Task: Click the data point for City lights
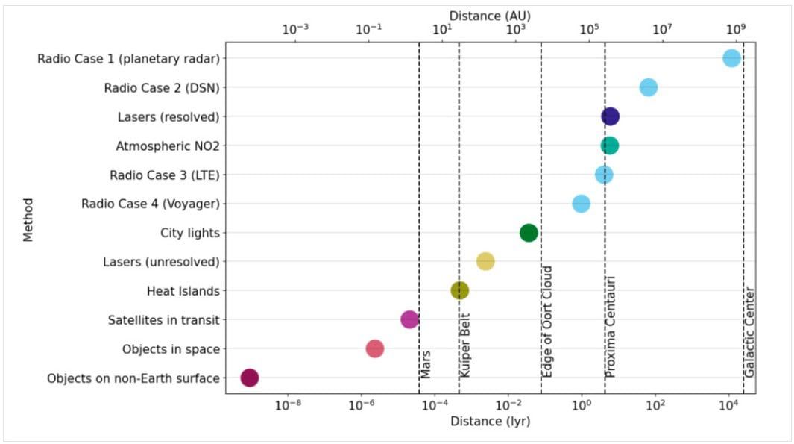coord(529,233)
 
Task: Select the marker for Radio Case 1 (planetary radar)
coord(731,58)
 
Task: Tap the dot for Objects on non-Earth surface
coord(250,378)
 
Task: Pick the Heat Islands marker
coord(460,290)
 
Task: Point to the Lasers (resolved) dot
coord(611,116)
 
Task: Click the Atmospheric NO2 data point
coord(610,146)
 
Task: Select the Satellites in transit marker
coord(409,319)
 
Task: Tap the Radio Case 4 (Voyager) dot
coord(581,203)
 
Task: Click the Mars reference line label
coord(426,363)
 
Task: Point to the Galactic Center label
coord(750,332)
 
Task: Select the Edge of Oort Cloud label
coord(547,321)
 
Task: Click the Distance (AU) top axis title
coord(490,15)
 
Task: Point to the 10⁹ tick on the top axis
coord(735,30)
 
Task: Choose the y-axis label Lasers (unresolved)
coord(161,262)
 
